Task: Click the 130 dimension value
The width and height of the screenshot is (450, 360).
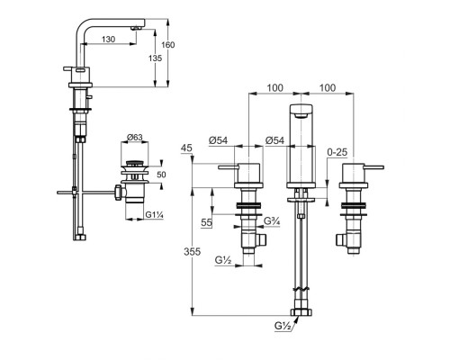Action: pyautogui.click(x=108, y=40)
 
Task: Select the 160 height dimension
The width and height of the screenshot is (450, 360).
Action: pyautogui.click(x=168, y=45)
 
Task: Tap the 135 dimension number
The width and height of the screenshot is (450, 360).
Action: pyautogui.click(x=155, y=58)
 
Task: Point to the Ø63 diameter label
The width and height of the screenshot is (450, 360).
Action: pyautogui.click(x=135, y=138)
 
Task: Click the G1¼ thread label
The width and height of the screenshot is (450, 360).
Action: pyautogui.click(x=154, y=215)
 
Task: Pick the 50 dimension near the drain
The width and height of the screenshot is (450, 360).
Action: pyautogui.click(x=161, y=175)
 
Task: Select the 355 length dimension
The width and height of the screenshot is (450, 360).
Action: pyautogui.click(x=192, y=252)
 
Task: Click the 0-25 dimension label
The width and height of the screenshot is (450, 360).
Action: pyautogui.click(x=337, y=152)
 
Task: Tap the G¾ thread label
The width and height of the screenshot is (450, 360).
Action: pyautogui.click(x=272, y=221)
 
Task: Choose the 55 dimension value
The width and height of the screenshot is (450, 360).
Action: pyautogui.click(x=206, y=222)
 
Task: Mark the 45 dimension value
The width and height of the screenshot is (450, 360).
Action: pyautogui.click(x=186, y=148)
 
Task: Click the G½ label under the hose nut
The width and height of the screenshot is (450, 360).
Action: pyautogui.click(x=283, y=326)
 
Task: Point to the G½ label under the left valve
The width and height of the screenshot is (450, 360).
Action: pyautogui.click(x=223, y=260)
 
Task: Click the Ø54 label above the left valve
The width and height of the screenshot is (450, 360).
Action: pyautogui.click(x=218, y=140)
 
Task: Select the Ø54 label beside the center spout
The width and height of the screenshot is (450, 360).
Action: pyautogui.click(x=274, y=140)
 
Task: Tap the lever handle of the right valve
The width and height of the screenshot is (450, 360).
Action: pyautogui.click(x=373, y=167)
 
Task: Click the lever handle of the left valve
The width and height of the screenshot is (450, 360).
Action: pyautogui.click(x=229, y=167)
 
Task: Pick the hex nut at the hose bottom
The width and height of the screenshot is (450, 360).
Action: pyautogui.click(x=301, y=312)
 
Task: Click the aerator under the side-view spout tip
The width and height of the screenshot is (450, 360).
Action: pyautogui.click(x=136, y=28)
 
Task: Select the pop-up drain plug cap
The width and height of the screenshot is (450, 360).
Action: pyautogui.click(x=134, y=164)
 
